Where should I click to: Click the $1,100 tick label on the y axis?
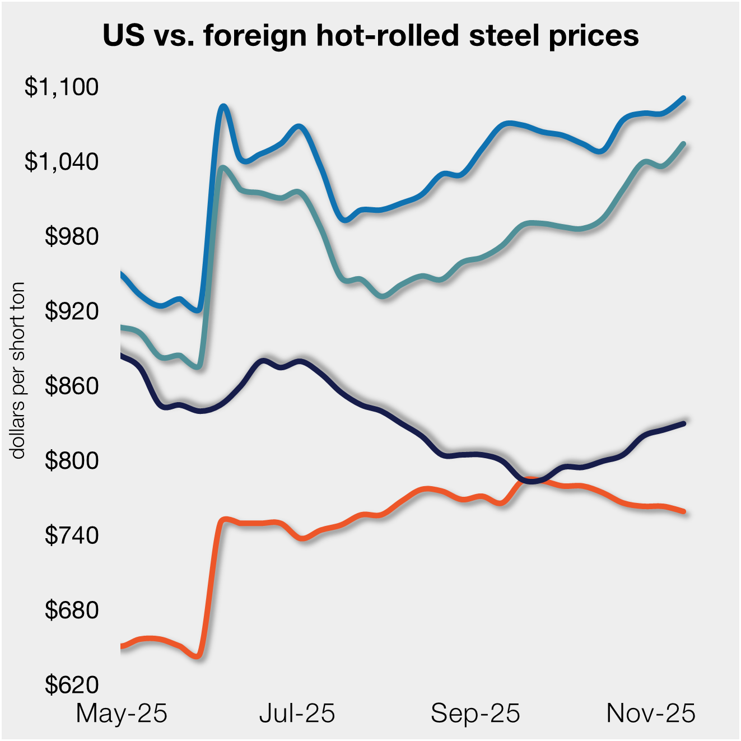pos(61,87)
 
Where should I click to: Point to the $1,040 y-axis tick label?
pos(61,161)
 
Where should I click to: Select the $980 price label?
pos(71,236)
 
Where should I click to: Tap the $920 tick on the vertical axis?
pos(71,311)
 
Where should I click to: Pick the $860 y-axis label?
pos(71,386)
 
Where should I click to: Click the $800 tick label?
pos(71,460)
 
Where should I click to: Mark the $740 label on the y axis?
pos(71,535)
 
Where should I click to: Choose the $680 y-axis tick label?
pos(71,610)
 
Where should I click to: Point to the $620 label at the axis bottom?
pos(71,685)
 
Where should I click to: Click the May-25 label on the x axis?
pos(122,714)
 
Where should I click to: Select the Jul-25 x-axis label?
pos(297,714)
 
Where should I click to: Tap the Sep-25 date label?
pos(475,714)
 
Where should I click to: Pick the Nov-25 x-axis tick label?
pos(651,714)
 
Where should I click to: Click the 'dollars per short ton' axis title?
pos(18,370)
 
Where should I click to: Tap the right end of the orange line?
pos(684,511)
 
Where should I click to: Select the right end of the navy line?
pos(684,423)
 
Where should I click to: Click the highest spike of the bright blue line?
pos(223,106)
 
